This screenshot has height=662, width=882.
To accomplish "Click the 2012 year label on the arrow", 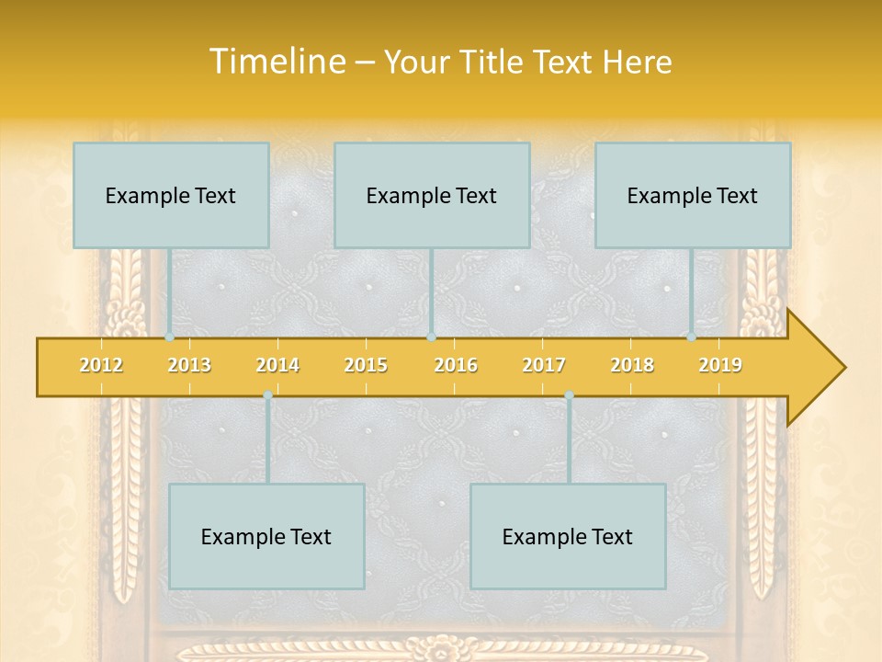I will click(x=101, y=366).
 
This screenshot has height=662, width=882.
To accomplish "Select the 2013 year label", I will click(x=189, y=366).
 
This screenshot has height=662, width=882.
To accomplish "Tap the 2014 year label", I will click(x=277, y=366).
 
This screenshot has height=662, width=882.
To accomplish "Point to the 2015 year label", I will click(x=366, y=366).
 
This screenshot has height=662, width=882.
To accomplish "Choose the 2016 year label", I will click(x=456, y=366).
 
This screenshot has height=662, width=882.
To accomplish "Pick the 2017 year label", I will click(x=544, y=366).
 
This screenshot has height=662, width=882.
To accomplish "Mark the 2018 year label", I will click(x=632, y=366).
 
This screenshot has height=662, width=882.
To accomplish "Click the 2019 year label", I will click(x=720, y=366).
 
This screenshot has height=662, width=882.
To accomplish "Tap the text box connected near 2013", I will click(x=171, y=196).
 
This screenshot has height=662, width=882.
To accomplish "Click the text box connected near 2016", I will click(x=432, y=196).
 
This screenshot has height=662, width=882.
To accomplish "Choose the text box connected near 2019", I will click(x=693, y=196).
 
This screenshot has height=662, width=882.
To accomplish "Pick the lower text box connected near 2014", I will click(x=266, y=537).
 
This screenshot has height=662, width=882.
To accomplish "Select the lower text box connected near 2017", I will click(x=568, y=537).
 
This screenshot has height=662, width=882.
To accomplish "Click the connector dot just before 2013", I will click(x=170, y=337).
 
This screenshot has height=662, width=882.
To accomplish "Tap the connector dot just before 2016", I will click(x=432, y=337).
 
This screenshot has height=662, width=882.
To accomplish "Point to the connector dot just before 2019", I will click(x=692, y=337).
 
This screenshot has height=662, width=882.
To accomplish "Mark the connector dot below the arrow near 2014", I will click(x=267, y=395).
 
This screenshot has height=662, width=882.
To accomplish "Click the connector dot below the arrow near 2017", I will click(x=569, y=395).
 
